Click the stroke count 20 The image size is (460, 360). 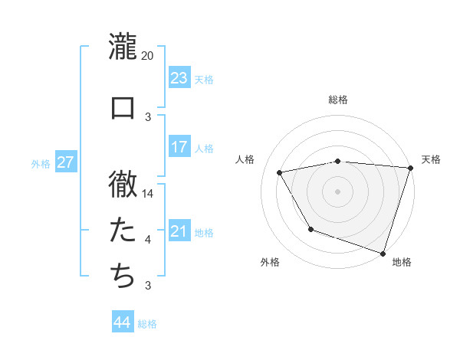click(148, 56)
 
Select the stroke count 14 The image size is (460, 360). click(148, 194)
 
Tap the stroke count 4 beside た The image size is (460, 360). click(148, 240)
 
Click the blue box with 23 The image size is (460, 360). click(179, 78)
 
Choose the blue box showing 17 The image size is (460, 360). click(179, 147)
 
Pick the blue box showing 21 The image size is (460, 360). click(179, 231)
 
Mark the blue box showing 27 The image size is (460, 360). click(65, 162)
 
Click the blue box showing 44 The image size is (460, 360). click(122, 322)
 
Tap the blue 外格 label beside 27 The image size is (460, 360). click(41, 164)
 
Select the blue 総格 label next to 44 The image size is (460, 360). click(147, 324)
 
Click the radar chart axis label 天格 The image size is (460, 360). click(431, 159)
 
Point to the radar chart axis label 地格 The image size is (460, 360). click(402, 262)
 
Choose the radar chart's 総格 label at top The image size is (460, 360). click(338, 100)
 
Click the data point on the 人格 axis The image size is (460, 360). click(280, 173)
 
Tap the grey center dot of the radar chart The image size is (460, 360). click(338, 191)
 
